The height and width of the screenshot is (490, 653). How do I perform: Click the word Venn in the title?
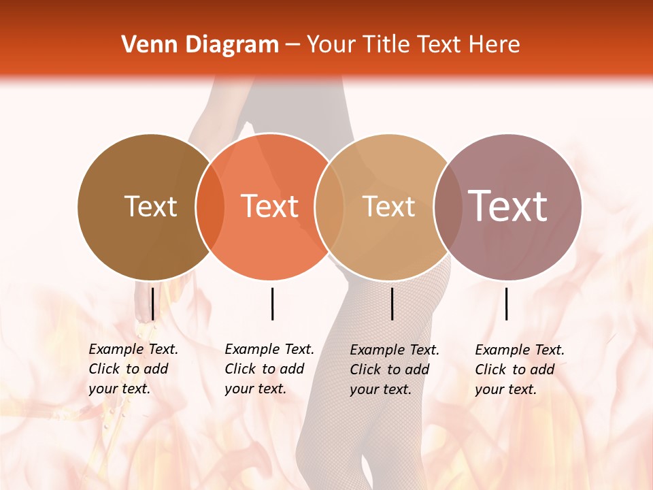[144, 45]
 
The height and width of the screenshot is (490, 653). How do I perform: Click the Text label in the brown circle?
[150, 206]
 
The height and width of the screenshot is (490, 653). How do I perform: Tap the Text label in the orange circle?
[270, 206]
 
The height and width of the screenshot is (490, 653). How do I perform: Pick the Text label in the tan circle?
[388, 206]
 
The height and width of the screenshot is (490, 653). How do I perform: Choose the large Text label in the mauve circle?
[507, 206]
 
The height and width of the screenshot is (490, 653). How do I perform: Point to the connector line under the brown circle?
[152, 304]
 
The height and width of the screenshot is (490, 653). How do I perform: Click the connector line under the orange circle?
[272, 304]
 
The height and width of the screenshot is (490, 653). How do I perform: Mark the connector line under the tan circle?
[392, 304]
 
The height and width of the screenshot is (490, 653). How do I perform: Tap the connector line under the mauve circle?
[506, 304]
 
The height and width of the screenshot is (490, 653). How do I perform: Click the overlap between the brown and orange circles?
[210, 206]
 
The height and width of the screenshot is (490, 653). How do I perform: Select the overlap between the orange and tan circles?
[330, 206]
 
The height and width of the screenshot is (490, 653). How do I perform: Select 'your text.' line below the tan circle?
[380, 389]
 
